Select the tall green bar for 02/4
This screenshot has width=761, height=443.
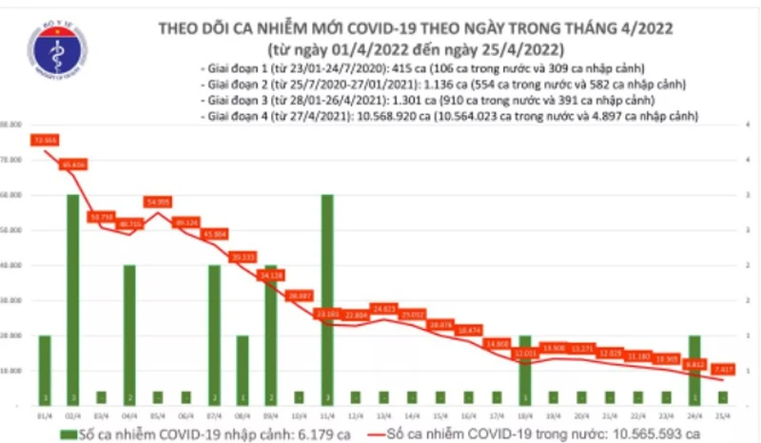click(72, 299)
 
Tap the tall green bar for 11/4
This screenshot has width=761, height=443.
click(327, 299)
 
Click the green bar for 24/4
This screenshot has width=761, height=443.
click(695, 370)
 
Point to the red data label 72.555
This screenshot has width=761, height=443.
click(44, 140)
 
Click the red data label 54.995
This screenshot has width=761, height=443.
click(157, 202)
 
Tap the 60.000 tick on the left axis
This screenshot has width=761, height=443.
click(10, 195)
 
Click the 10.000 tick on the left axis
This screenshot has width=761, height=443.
click(10, 371)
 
